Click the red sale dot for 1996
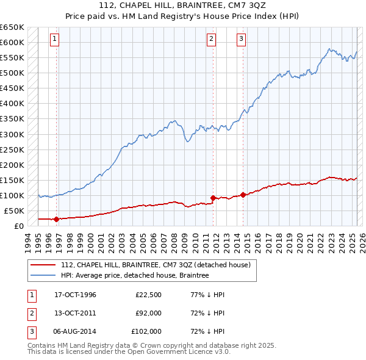(x=57, y=219)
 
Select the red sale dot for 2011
(x=213, y=198)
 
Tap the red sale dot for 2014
(x=243, y=195)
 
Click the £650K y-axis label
(x=12, y=27)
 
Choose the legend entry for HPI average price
(x=135, y=275)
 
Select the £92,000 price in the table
(x=149, y=313)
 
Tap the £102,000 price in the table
(x=146, y=331)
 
